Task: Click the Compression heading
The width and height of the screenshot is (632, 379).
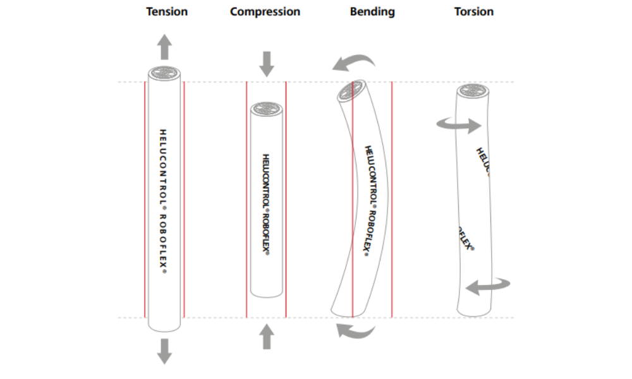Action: pos(265,11)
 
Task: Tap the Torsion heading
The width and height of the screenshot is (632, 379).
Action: pos(473,11)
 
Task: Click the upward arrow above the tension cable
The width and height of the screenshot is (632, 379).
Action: pos(164,47)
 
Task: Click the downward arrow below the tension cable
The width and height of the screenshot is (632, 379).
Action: pos(164,351)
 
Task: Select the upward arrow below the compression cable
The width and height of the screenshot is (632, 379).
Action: pos(267,336)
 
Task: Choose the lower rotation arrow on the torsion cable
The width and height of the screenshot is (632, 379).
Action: pos(487,286)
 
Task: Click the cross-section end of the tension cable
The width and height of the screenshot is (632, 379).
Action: pos(164,73)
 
